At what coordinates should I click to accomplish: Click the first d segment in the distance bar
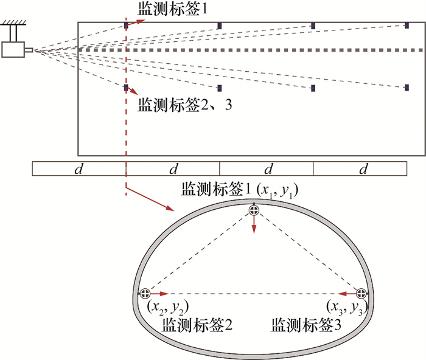pyautogui.click(x=78, y=169)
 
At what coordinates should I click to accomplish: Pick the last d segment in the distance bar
pyautogui.click(x=363, y=169)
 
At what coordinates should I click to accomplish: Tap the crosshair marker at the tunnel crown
pyautogui.click(x=254, y=210)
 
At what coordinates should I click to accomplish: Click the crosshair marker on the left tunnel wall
pyautogui.click(x=145, y=293)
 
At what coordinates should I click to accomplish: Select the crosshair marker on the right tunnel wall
pyautogui.click(x=361, y=293)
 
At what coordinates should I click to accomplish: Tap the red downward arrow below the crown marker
pyautogui.click(x=254, y=225)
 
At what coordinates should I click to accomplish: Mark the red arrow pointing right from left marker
pyautogui.click(x=159, y=293)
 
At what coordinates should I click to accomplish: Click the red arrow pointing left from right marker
pyautogui.click(x=347, y=293)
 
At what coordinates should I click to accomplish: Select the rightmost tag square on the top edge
pyautogui.click(x=407, y=26)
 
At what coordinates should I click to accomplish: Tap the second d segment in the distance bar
pyautogui.click(x=173, y=169)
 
